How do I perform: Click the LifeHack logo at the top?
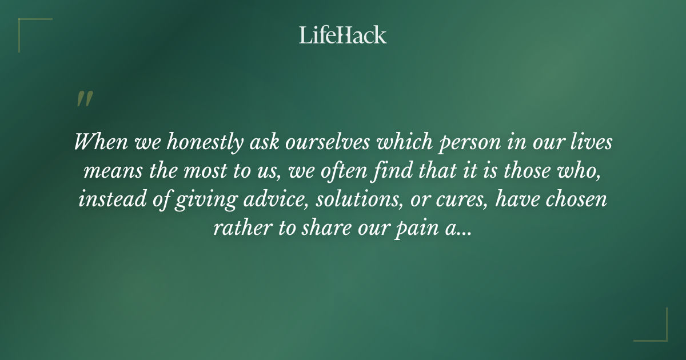tap(343, 35)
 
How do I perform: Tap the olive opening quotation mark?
tap(85, 99)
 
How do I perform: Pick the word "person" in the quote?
tap(463, 143)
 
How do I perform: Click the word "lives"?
tap(593, 142)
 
